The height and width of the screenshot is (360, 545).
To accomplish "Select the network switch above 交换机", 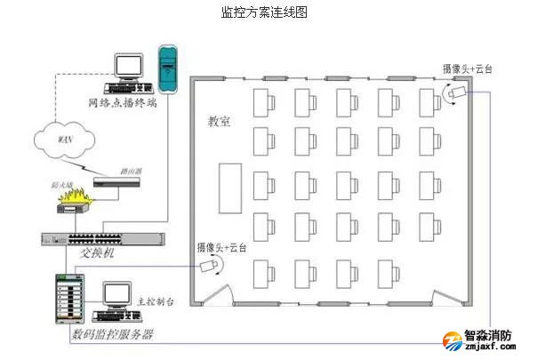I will coord(101,238).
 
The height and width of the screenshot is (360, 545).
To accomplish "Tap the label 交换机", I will coord(100,254).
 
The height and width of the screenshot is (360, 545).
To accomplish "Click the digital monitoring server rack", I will coord(69,299).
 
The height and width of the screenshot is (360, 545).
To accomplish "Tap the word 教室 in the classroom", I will coord(220,122).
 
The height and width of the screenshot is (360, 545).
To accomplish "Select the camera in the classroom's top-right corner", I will coord(455,92).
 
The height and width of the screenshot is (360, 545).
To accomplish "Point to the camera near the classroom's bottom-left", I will coord(210,265).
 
